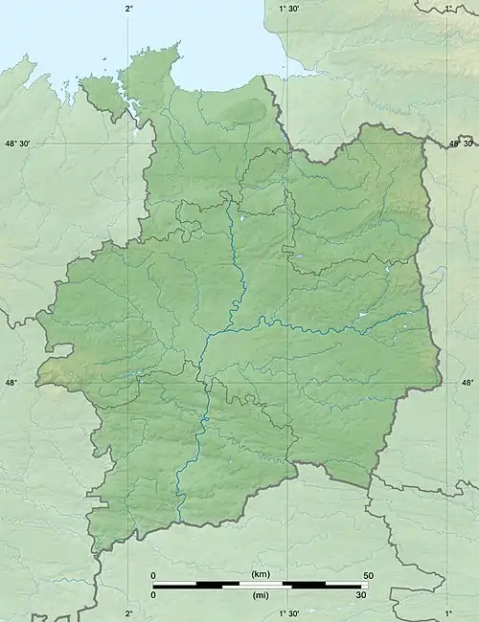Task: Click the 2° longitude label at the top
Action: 129,8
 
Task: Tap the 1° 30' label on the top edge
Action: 288,8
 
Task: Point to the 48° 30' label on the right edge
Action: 461,144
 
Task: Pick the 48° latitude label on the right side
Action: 468,383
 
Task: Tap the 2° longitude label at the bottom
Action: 129,613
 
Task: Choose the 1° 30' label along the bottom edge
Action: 288,613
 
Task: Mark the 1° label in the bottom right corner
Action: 447,613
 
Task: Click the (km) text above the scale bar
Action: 260,574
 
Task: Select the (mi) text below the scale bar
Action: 260,595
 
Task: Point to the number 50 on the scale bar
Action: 367,574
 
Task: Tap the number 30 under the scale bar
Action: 362,595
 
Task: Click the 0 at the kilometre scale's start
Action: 153,574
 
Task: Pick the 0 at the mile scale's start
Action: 153,595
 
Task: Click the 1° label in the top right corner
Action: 447,8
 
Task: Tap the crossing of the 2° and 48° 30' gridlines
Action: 129,144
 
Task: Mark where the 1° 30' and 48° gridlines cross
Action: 288,383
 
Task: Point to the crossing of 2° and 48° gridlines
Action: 129,383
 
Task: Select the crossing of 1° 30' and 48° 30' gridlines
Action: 288,144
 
